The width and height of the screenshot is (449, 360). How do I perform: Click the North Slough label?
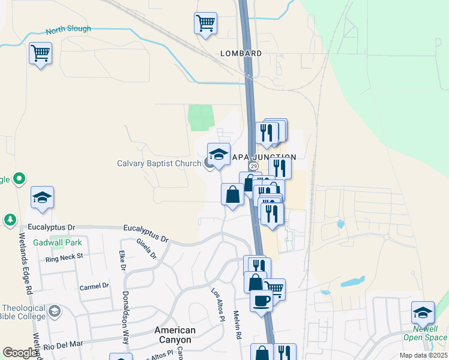[68, 29]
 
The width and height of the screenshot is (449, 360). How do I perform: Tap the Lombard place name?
[241, 53]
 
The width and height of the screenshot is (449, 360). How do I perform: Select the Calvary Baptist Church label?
[159, 163]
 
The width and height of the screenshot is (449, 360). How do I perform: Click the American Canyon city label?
[175, 335]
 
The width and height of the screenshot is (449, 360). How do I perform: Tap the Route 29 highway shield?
[254, 166]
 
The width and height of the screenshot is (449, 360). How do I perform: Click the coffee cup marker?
[261, 299]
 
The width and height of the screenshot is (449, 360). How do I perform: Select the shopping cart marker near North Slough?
[40, 53]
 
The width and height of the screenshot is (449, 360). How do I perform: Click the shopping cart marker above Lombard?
[205, 23]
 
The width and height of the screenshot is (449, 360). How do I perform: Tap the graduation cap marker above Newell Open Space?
[423, 312]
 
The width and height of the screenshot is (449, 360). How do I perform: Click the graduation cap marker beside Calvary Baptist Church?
[218, 154]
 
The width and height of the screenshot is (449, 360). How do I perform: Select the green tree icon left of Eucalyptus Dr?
[10, 220]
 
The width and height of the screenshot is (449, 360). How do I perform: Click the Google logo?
[20, 353]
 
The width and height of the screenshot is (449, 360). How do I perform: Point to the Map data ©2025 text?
[423, 355]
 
